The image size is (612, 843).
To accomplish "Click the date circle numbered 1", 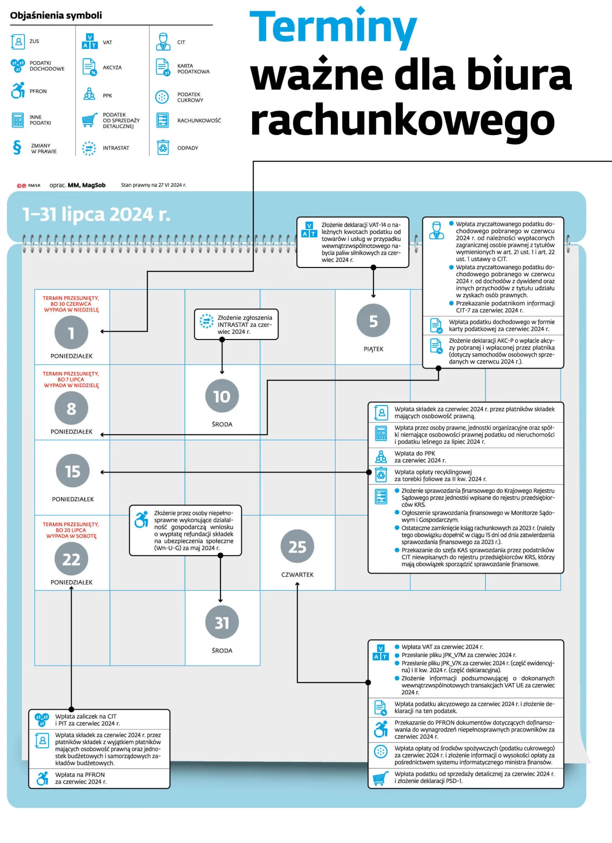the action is tap(71, 333).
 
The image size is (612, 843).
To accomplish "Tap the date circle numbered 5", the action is tap(373, 321).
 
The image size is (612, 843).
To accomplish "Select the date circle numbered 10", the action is tap(222, 396).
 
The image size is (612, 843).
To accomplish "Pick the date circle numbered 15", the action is tap(73, 471).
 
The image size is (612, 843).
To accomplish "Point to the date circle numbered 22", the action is tap(71, 559).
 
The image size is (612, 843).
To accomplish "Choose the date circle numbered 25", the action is tap(297, 547).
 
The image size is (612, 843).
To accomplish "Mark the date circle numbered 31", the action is tap(222, 622).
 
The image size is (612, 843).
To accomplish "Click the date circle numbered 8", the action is tap(71, 408).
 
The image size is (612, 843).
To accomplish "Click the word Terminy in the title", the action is tap(333, 27).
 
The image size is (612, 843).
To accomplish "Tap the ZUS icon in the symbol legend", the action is tap(18, 42).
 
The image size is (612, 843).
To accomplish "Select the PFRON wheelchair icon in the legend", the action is tap(18, 90).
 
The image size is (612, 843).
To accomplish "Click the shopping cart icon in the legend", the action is tap(90, 120).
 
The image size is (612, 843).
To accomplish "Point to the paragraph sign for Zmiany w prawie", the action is tap(17, 148).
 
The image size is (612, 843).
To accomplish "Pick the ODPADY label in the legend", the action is tap(188, 148).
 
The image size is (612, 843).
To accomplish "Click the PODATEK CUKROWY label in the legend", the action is tap(190, 97).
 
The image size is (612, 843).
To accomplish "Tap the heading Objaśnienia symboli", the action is tap(56, 15).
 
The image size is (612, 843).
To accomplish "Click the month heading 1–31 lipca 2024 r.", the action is tap(96, 214).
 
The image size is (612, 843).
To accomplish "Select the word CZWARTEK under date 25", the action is tap(297, 575).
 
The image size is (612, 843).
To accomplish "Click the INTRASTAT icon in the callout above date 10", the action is tap(206, 320).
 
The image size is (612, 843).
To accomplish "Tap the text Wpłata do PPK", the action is tap(415, 453).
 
